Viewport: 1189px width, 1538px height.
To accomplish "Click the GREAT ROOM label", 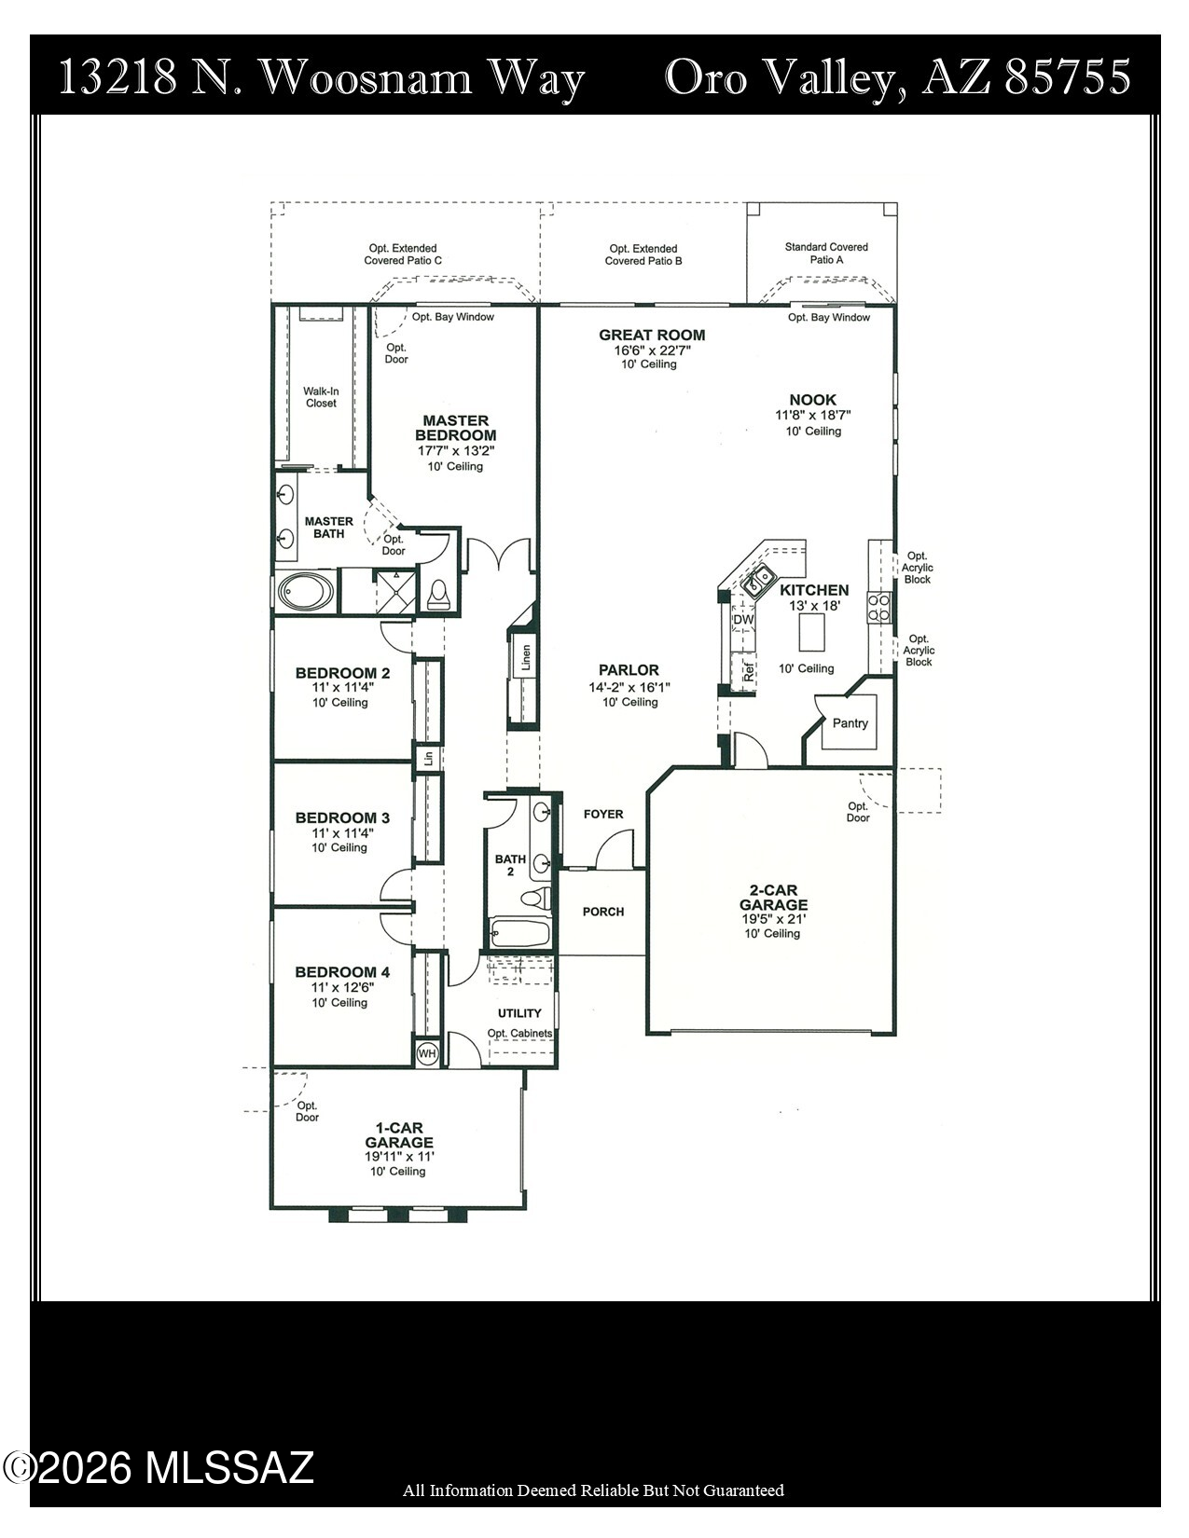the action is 652,335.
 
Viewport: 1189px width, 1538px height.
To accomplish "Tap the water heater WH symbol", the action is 427,1054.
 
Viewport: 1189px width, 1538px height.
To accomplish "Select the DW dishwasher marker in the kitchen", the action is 743,620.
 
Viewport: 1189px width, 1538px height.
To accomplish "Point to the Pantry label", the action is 850,722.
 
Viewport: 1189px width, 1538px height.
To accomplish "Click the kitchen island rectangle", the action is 812,631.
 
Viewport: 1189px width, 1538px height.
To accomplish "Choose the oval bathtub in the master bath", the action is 306,591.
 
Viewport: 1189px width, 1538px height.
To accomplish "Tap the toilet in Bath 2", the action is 536,898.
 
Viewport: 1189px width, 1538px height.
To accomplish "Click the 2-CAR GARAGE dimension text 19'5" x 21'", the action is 772,919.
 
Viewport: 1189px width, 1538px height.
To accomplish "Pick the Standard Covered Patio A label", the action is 825,253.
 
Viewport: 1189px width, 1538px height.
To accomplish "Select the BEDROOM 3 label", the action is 342,817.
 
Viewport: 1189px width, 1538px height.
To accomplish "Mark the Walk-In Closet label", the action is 321,397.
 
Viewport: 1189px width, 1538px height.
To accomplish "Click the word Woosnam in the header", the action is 366,78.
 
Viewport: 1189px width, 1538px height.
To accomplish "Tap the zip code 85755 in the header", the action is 1068,77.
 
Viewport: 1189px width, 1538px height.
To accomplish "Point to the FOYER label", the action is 603,814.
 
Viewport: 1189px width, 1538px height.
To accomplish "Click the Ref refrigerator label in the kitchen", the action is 749,672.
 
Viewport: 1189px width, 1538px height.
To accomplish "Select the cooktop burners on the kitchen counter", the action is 879,608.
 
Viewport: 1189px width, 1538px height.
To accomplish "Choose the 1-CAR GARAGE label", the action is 399,1134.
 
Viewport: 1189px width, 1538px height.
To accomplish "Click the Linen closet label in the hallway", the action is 525,657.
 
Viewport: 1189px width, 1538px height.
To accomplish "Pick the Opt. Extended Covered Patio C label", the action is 403,254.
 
